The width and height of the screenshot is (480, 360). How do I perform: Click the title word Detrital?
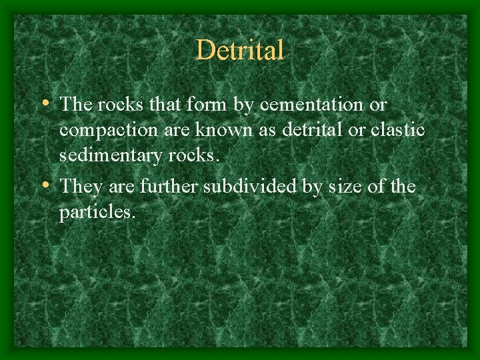[x=240, y=51]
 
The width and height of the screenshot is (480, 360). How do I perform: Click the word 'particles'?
[x=97, y=213]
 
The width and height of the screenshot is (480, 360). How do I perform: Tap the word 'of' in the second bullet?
[x=377, y=186]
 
